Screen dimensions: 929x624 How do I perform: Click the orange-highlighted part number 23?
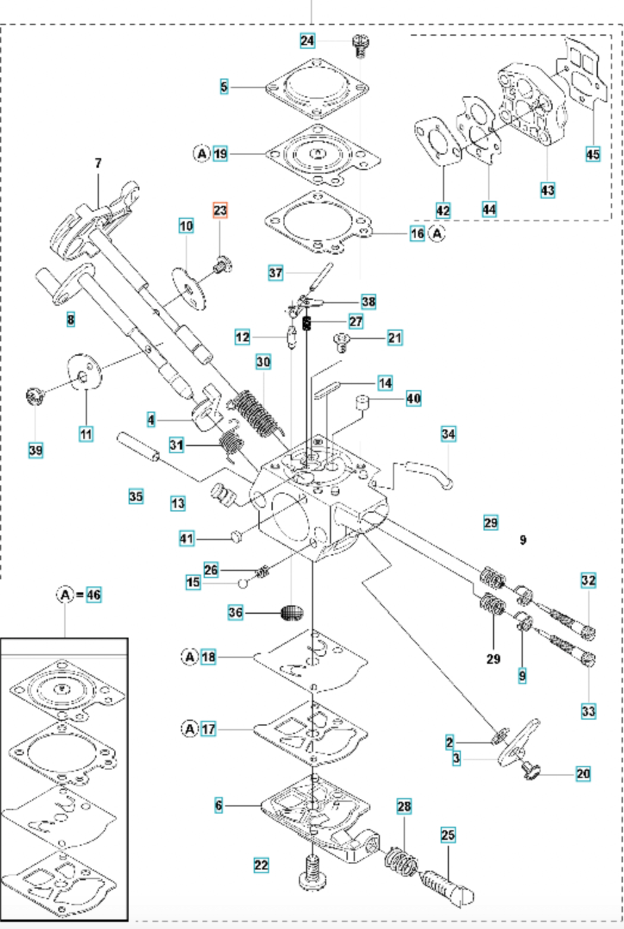click(220, 211)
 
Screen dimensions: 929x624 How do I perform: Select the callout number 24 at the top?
click(307, 41)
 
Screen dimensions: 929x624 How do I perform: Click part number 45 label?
click(592, 154)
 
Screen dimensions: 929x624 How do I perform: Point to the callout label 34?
click(448, 434)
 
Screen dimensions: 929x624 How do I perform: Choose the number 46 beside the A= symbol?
click(93, 594)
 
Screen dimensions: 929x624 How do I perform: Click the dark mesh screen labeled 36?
click(292, 612)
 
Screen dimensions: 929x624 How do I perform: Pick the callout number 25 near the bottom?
click(448, 835)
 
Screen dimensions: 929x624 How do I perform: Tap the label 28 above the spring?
click(404, 806)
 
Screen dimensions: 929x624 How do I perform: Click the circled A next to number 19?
click(202, 153)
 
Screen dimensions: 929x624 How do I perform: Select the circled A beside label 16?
click(438, 233)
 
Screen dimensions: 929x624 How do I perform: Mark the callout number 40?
click(413, 398)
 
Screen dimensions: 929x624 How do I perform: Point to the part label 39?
click(36, 450)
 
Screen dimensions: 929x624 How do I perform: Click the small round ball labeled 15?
click(243, 582)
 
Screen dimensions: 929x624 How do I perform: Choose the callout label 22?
click(261, 865)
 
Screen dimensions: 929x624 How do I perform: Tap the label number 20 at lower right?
click(583, 773)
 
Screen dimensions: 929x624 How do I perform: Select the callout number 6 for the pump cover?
click(219, 805)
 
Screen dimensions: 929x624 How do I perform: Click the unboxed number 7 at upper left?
click(98, 163)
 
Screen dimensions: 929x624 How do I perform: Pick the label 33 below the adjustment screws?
click(588, 711)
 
